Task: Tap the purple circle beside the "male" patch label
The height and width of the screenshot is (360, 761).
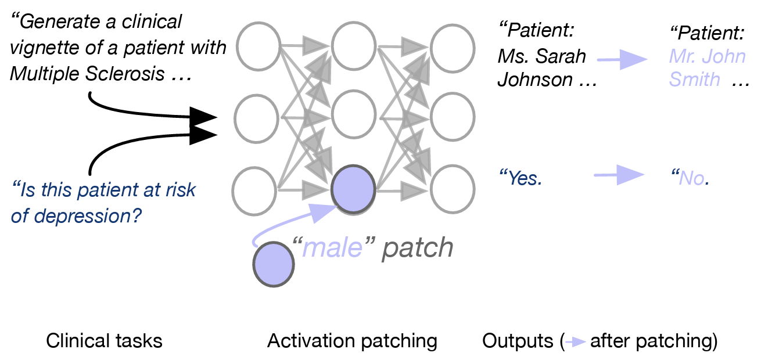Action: [274, 265]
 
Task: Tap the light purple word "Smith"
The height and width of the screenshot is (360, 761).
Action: [695, 80]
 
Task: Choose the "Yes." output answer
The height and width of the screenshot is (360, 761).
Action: [521, 178]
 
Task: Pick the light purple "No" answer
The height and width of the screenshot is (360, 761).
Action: [691, 178]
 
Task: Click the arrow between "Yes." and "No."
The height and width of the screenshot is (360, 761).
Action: [619, 174]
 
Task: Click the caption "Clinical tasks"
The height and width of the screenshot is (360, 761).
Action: [104, 341]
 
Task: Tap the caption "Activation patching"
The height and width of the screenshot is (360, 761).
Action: [352, 341]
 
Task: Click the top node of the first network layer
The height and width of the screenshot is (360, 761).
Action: [259, 45]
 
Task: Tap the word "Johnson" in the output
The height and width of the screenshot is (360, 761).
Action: [535, 80]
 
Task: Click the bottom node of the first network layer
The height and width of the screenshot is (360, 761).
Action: [254, 190]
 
